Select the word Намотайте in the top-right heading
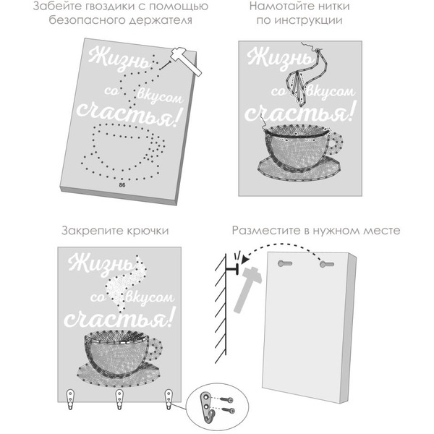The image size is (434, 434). pos(281,6)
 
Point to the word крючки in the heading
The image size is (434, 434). pos(148,231)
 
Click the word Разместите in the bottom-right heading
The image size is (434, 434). pos(265,231)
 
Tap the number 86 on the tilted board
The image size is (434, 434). pos(122,184)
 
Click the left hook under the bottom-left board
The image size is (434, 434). pos(71,399)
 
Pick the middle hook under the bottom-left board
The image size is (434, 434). pos(119,399)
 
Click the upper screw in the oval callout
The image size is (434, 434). pos(227,399)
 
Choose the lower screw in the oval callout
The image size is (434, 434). pos(229,410)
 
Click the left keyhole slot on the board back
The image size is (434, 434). pos(285,263)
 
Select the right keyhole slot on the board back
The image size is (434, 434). pos(327,264)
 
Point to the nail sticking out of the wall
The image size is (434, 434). pos(232,269)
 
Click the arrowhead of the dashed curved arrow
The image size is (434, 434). pos(244,260)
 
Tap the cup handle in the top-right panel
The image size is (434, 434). pos(335,144)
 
